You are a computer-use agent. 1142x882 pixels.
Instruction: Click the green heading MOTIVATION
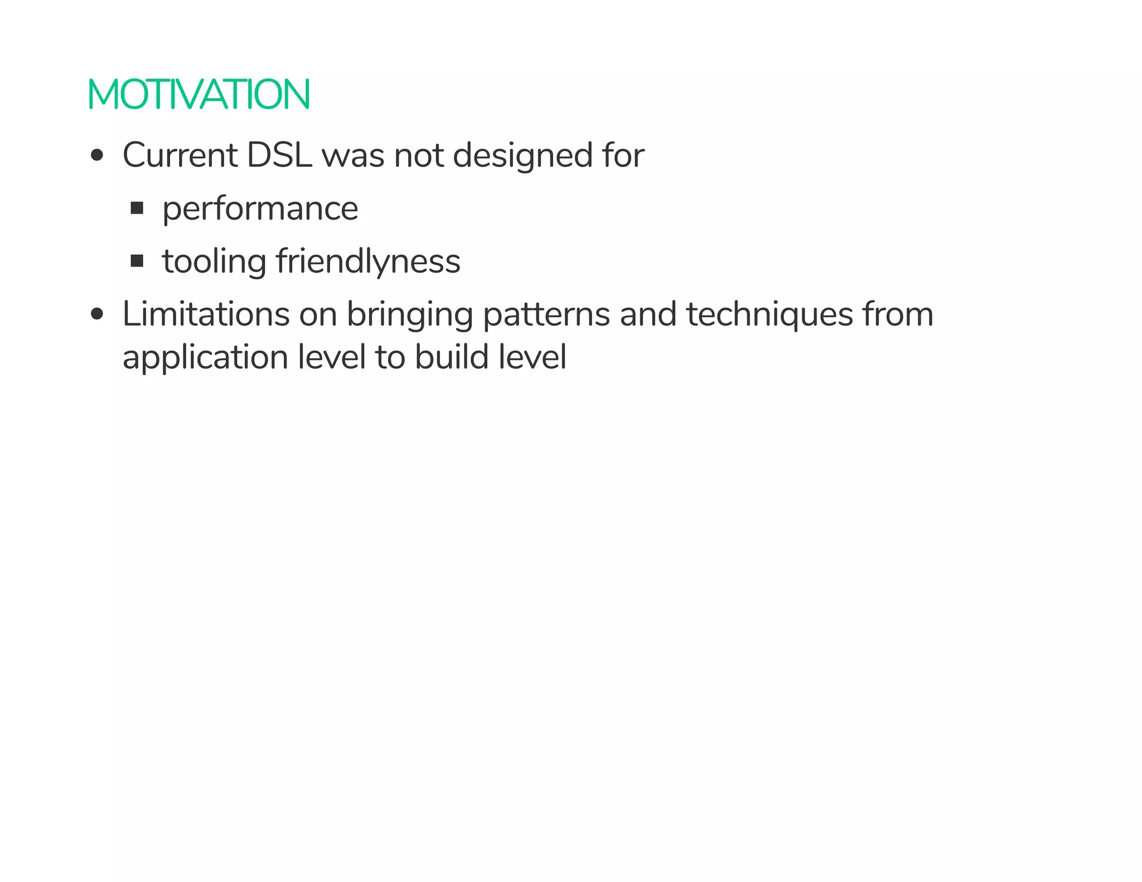pos(199,94)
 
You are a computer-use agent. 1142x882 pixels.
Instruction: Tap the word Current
pos(180,155)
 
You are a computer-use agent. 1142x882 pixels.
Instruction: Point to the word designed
pos(522,156)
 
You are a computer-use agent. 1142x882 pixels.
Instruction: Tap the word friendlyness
pos(368,262)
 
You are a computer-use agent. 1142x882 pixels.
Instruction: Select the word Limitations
pos(206,314)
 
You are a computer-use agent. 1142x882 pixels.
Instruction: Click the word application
pos(205,358)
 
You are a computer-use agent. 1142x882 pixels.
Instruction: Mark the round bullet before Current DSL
pos(97,156)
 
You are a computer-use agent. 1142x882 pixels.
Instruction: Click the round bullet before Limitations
pos(97,314)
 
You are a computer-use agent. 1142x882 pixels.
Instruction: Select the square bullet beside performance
pos(137,209)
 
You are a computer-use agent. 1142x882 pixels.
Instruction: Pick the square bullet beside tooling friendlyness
pos(137,261)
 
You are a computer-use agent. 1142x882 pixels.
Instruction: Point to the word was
pos(353,156)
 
